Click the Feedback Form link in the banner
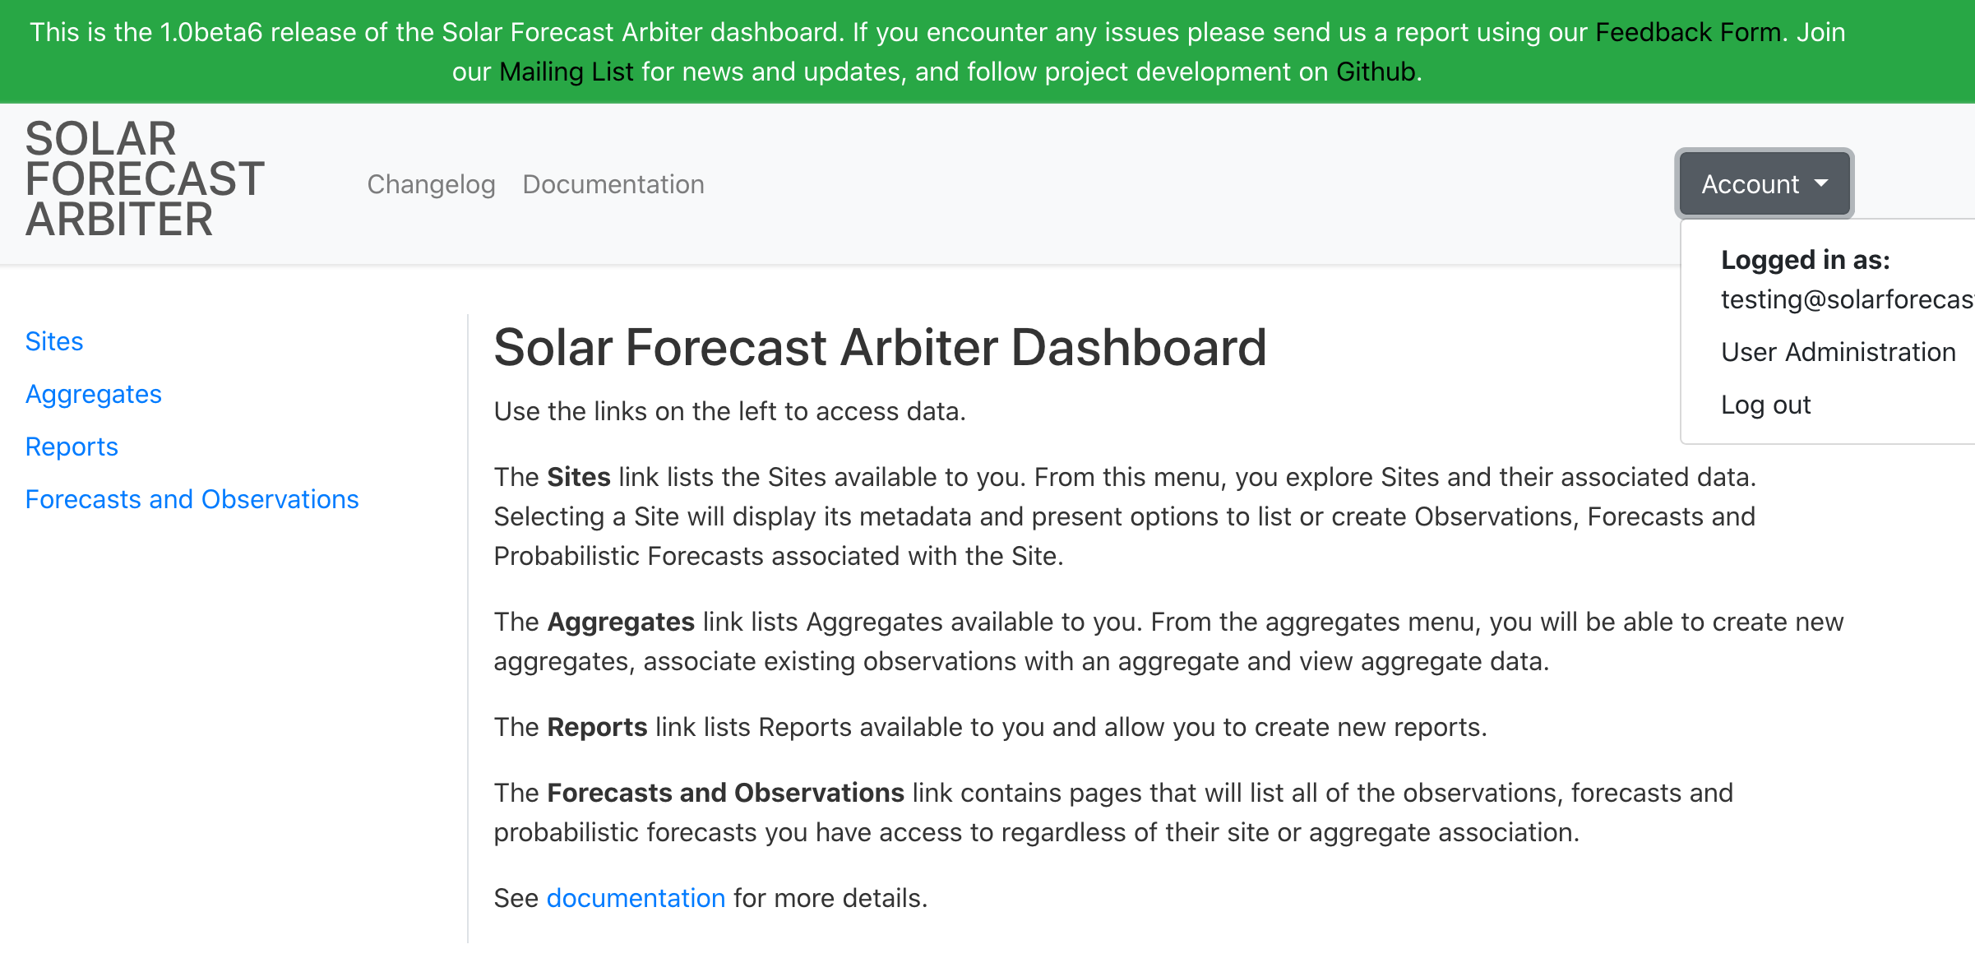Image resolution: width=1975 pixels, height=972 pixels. [x=1688, y=32]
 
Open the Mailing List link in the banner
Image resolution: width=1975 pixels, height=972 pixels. [x=567, y=72]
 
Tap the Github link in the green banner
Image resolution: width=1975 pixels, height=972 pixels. [x=1376, y=72]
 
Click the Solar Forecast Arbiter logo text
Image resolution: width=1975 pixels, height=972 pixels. [x=145, y=179]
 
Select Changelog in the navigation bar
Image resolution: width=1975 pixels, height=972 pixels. [x=431, y=184]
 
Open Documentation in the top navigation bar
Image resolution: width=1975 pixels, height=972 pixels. [x=613, y=184]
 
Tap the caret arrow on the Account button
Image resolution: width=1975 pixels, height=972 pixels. [x=1821, y=183]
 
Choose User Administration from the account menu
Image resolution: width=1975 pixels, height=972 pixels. [x=1838, y=352]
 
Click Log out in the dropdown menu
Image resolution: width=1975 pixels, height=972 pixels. [x=1765, y=405]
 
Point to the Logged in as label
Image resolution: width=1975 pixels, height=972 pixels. [x=1805, y=260]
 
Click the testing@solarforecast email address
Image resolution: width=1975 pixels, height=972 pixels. [x=1846, y=299]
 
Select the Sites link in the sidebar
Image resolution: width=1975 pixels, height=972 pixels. [x=54, y=341]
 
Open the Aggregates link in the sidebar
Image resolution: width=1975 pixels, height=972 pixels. [x=94, y=394]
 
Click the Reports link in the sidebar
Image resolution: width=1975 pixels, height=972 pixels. [x=72, y=447]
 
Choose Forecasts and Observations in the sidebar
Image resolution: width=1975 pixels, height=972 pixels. [x=192, y=499]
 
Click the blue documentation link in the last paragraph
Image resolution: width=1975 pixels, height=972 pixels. [x=636, y=898]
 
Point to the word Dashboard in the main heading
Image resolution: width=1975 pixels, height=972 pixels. [x=1138, y=347]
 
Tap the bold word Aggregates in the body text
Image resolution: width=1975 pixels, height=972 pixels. [x=621, y=622]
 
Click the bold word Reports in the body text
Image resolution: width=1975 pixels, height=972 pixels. [x=597, y=727]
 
